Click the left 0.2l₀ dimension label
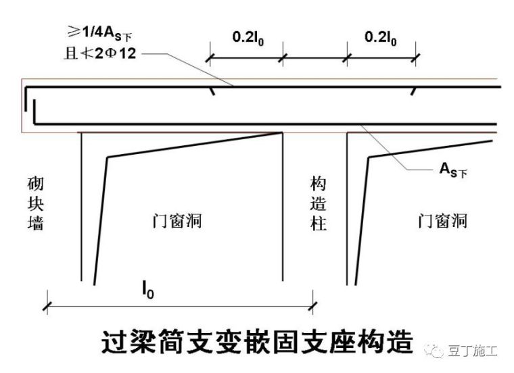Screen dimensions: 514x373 [248, 37]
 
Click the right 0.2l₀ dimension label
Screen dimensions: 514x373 [381, 37]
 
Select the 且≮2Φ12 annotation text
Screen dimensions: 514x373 [100, 53]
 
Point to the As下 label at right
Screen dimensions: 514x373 [453, 170]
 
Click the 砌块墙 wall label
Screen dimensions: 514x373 [35, 203]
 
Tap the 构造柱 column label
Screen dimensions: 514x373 [319, 203]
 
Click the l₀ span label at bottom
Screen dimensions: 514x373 [147, 290]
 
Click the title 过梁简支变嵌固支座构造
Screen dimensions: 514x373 [257, 342]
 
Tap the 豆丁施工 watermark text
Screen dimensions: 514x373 [472, 351]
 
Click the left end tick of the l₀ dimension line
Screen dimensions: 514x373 [47, 307]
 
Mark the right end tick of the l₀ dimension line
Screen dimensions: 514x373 [313, 307]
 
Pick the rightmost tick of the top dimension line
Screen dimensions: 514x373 [416, 58]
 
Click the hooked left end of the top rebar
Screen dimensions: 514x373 [26, 98]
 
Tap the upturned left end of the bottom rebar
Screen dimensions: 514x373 [34, 112]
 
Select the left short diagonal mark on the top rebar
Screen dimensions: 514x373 [212, 91]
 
